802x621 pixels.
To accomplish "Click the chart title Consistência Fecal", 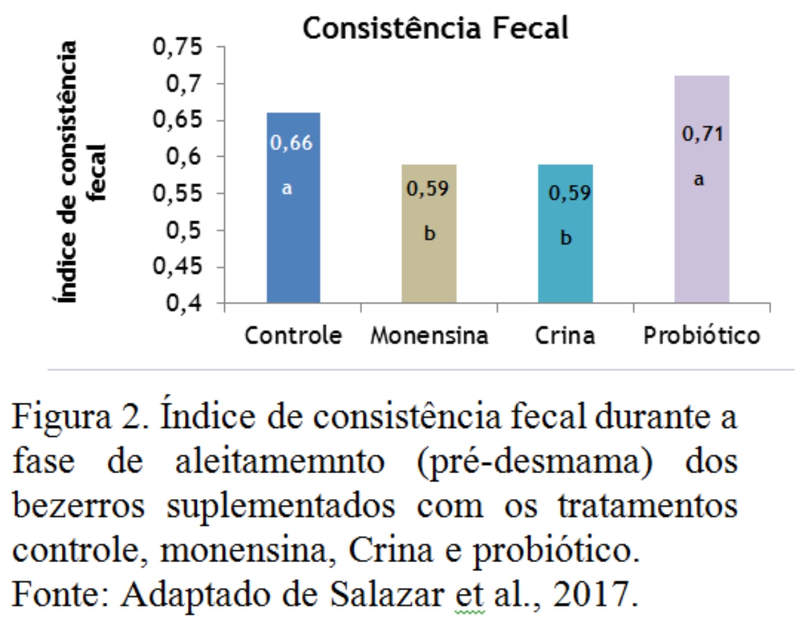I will [x=435, y=28].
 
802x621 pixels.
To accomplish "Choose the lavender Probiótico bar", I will [x=701, y=238].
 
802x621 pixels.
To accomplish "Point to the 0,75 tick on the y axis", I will [x=178, y=46].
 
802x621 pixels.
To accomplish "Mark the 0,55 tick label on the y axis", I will [x=178, y=193].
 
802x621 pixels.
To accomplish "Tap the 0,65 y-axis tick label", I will [x=178, y=120].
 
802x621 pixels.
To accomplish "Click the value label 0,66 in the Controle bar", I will [x=291, y=143].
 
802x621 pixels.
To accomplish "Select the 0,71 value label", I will [x=702, y=133].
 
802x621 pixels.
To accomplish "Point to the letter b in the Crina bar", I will [x=566, y=237].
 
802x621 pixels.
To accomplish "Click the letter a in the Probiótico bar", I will [x=699, y=180].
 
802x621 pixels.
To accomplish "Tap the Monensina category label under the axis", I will [x=429, y=335].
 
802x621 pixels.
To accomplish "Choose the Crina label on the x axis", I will [x=565, y=335].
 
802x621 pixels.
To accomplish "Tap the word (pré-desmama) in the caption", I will [x=534, y=462].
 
